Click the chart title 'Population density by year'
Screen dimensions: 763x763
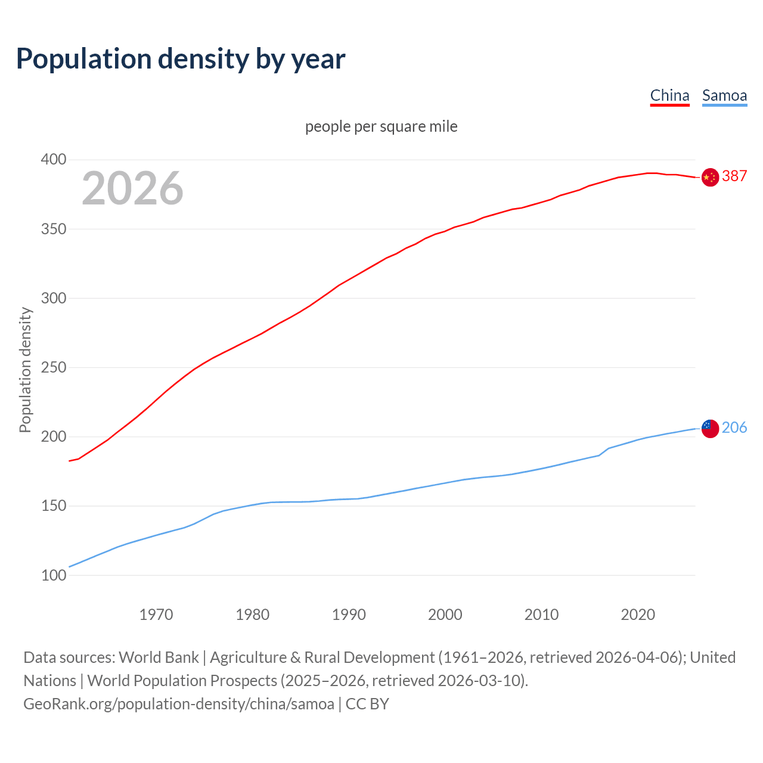(x=181, y=59)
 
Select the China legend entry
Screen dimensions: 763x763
(x=669, y=95)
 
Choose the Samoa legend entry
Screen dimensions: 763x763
(x=724, y=95)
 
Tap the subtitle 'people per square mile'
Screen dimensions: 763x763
(x=381, y=126)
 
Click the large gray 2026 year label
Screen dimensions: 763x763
(x=132, y=188)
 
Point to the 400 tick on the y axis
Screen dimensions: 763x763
(x=53, y=160)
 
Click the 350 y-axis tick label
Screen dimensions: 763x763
(x=53, y=229)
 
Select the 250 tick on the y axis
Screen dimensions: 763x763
(x=53, y=368)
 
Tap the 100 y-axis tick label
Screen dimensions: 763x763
(x=53, y=576)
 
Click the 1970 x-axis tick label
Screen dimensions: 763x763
(x=156, y=615)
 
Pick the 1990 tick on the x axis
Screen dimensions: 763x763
(x=349, y=615)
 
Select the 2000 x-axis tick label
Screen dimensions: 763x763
(x=445, y=615)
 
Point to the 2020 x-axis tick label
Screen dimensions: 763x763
(x=638, y=615)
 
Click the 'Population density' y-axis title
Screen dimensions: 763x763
(x=25, y=370)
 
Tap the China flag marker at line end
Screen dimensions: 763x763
(x=710, y=177)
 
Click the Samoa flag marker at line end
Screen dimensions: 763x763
(x=710, y=428)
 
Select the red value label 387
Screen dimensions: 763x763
(x=734, y=176)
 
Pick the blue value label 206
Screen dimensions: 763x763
(x=734, y=428)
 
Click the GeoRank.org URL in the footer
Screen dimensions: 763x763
(x=179, y=704)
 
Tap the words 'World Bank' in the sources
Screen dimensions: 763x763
(x=159, y=657)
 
